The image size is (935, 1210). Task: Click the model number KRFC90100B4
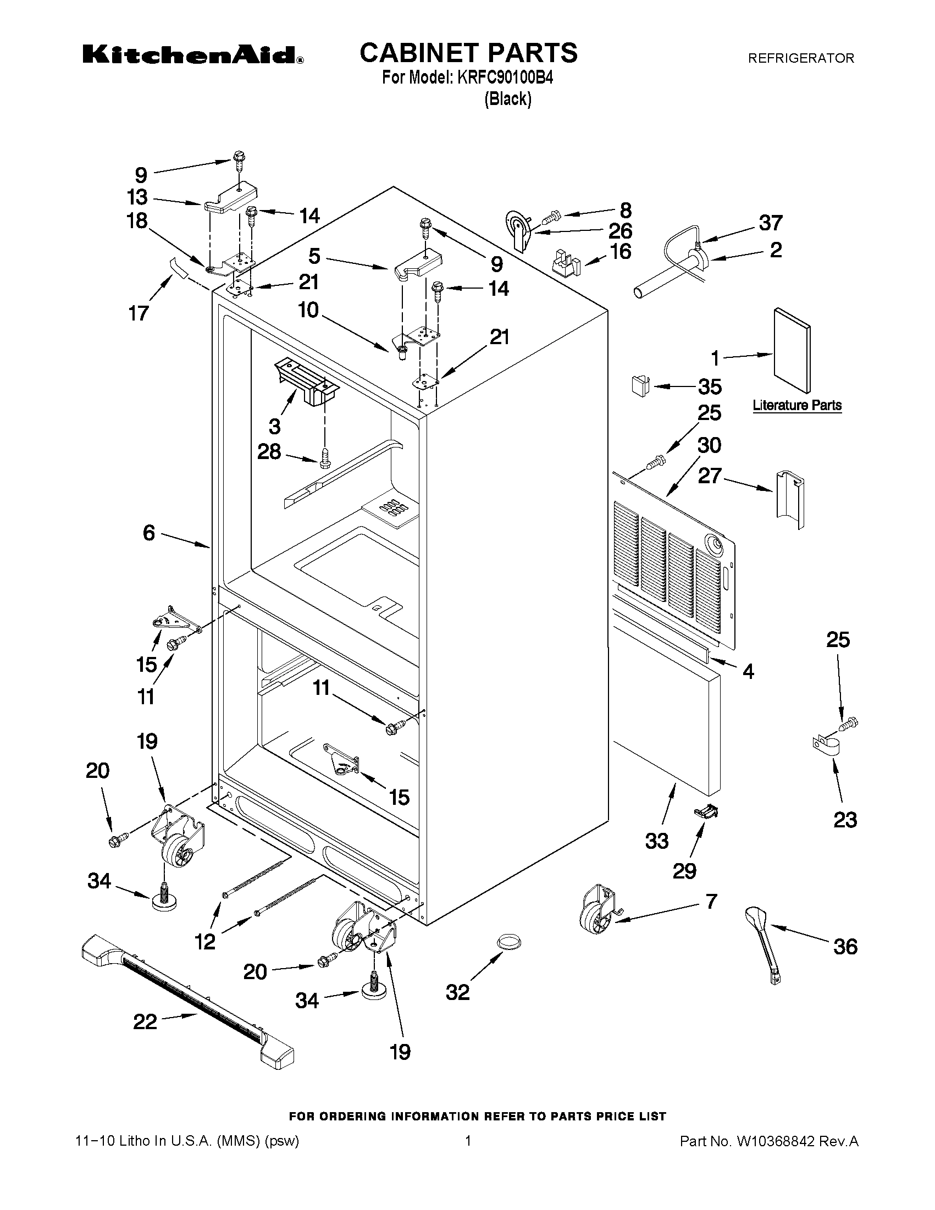505,78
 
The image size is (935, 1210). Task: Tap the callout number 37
771,223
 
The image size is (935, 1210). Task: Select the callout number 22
145,1021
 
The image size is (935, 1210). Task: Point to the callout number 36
845,946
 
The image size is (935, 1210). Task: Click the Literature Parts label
796,406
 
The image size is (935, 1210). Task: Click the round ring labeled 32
508,940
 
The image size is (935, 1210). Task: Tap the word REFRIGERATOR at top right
801,58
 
